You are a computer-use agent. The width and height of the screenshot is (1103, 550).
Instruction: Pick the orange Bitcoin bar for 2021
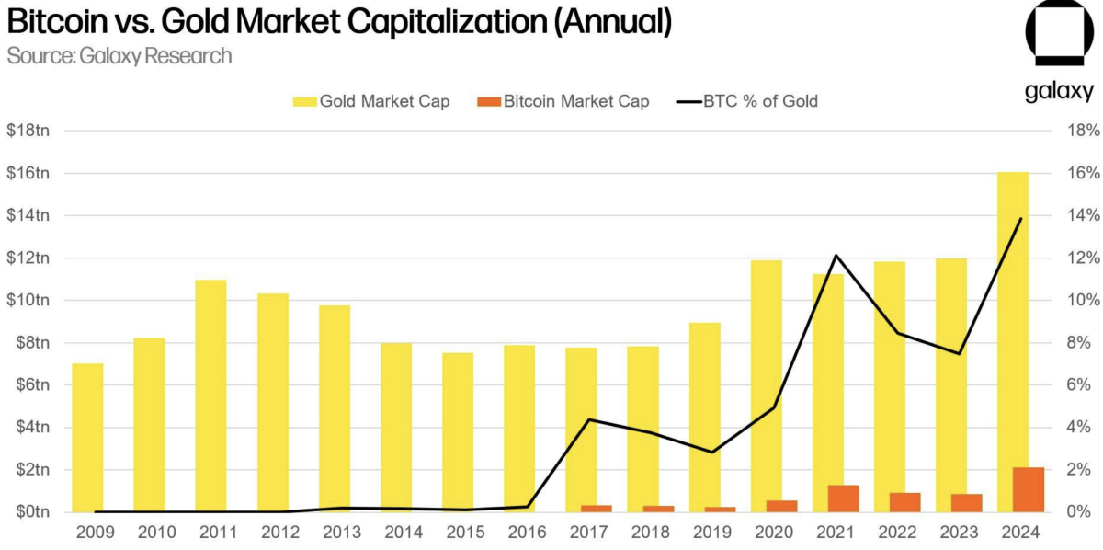(843, 498)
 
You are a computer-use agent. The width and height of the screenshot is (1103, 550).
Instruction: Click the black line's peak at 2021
(836, 256)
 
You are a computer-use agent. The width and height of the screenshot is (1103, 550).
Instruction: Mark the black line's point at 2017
(588, 419)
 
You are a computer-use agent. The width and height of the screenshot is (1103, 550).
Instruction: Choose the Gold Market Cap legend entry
(371, 101)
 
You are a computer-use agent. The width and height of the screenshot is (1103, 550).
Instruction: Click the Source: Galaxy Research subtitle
(119, 56)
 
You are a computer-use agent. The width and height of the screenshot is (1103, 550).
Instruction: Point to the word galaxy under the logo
(1059, 91)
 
